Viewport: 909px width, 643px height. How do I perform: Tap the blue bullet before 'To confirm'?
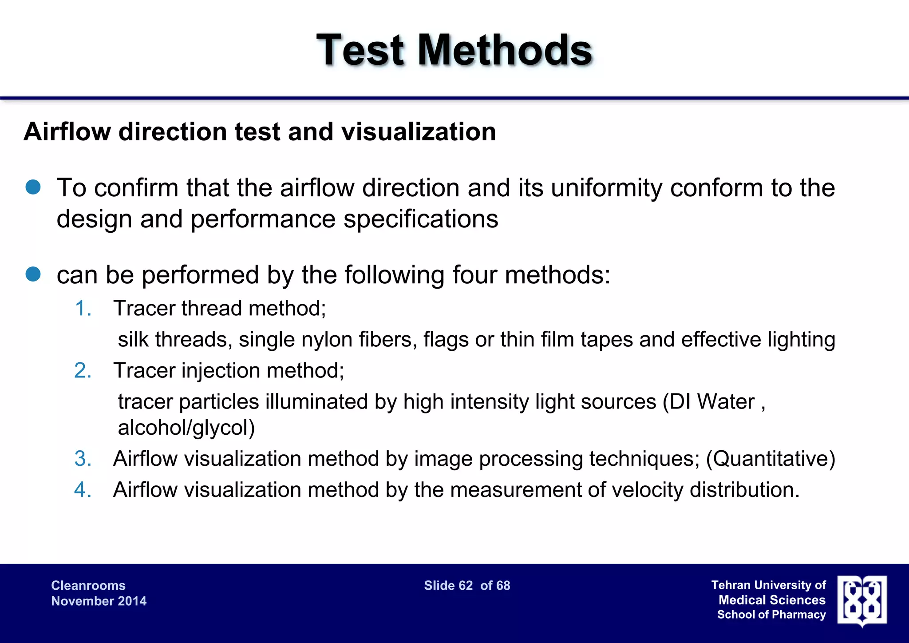click(x=33, y=187)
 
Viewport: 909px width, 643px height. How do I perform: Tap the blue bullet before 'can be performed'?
click(x=33, y=274)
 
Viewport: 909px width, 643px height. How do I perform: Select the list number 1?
click(x=83, y=308)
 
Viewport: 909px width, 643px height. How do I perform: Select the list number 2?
click(x=83, y=370)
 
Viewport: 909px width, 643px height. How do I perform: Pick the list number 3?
click(x=83, y=459)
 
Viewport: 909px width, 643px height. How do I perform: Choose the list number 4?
click(x=83, y=490)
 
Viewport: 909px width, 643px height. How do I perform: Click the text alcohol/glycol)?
click(x=186, y=428)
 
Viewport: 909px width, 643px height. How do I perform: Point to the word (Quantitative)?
click(x=771, y=459)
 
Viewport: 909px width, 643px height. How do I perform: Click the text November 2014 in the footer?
click(x=99, y=601)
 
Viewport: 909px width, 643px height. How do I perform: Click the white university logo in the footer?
click(x=862, y=601)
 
